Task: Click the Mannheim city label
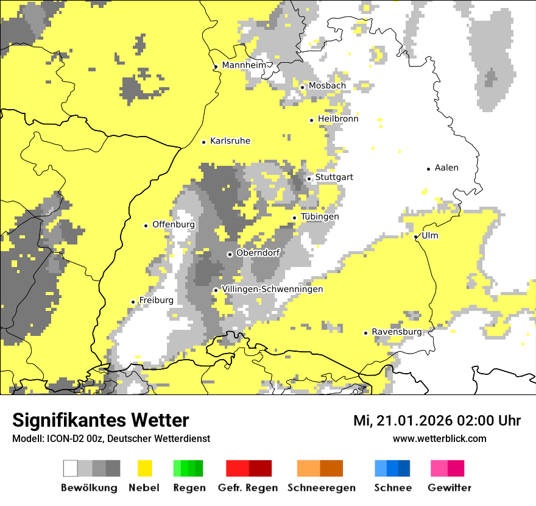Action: point(244,65)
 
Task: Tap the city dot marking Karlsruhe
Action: point(204,142)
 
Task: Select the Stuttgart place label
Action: point(334,177)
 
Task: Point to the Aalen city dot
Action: point(429,169)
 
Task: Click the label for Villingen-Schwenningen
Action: point(272,289)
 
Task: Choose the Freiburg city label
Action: point(156,301)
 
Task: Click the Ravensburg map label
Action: point(397,332)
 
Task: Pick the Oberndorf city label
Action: point(258,253)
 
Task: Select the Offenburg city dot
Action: point(146,226)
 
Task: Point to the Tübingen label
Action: point(320,217)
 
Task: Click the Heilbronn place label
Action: point(338,119)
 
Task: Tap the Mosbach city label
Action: point(327,86)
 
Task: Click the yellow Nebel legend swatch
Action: point(144,468)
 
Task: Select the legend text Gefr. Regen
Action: point(248,488)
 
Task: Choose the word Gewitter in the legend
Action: point(450,488)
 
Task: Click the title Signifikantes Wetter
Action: point(100,420)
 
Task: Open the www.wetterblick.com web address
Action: point(439,438)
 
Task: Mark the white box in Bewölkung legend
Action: point(71,468)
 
